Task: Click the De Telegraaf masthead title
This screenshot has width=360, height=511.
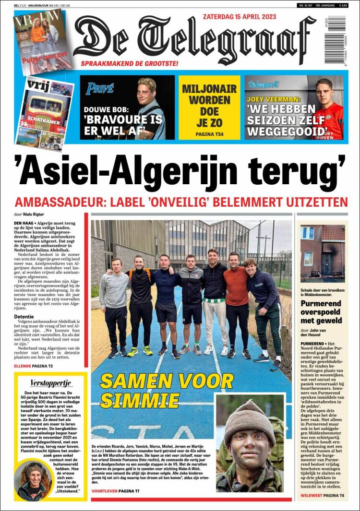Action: click(x=194, y=38)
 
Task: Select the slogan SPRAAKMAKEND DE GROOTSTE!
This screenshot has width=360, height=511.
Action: click(x=130, y=63)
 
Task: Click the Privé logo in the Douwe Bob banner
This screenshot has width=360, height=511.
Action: click(x=100, y=88)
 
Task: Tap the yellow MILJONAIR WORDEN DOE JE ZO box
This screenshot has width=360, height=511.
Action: click(x=209, y=107)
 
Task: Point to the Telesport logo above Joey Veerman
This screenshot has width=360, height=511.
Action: click(x=264, y=84)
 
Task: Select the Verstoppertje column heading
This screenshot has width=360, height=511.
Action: click(x=51, y=383)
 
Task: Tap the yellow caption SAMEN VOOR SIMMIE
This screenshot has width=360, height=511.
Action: click(x=166, y=390)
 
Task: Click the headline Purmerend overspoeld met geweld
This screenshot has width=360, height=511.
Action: click(x=321, y=312)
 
